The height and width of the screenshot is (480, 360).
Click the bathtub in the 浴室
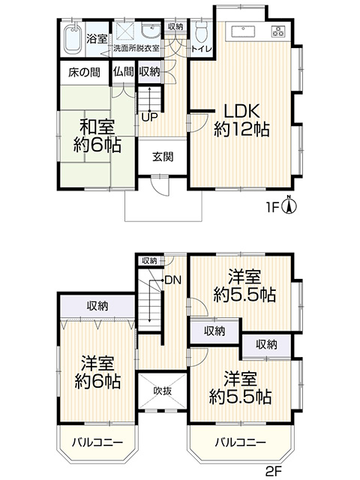pyautogui.click(x=73, y=38)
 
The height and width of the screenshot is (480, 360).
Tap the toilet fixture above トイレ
pyautogui.click(x=201, y=31)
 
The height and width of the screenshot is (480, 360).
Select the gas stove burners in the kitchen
pyautogui.click(x=278, y=31)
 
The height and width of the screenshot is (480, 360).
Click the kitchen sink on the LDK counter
pyautogui.click(x=243, y=31)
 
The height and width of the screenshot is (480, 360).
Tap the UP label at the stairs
pyautogui.click(x=150, y=117)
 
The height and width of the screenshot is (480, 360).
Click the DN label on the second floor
pyautogui.click(x=173, y=280)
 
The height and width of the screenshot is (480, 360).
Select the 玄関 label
pyautogui.click(x=163, y=157)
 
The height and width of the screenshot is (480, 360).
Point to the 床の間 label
pyautogui.click(x=84, y=73)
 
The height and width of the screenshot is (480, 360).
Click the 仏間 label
pyautogui.click(x=123, y=72)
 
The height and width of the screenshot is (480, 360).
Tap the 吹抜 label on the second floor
pyautogui.click(x=163, y=391)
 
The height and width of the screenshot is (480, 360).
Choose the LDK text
pyautogui.click(x=241, y=111)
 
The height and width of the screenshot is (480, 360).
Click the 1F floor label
pyautogui.click(x=273, y=208)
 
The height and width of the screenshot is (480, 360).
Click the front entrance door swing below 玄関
pyautogui.click(x=160, y=186)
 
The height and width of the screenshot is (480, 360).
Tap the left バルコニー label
pyautogui.click(x=97, y=442)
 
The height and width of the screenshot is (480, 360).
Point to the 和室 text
pyautogui.click(x=97, y=127)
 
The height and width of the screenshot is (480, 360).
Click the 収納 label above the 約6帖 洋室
pyautogui.click(x=97, y=306)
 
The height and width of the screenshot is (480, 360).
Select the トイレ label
pyautogui.click(x=202, y=49)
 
